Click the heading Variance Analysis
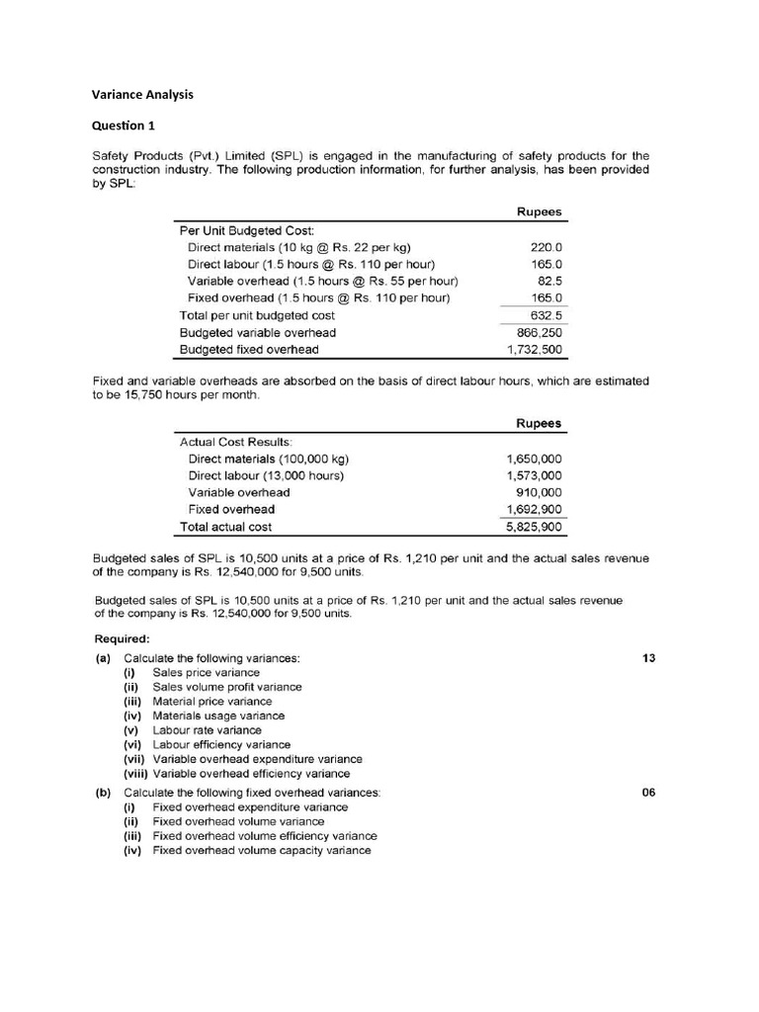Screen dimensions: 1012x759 tap(142, 95)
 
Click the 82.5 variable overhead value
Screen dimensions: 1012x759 tap(548, 281)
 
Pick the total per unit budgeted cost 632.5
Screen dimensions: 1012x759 tap(546, 315)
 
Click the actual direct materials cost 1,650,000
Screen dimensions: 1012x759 tap(535, 459)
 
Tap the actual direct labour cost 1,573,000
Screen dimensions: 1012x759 tap(535, 475)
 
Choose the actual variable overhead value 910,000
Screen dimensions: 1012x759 tap(540, 492)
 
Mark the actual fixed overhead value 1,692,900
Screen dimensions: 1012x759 tap(535, 509)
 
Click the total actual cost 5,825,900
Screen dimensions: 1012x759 tap(535, 527)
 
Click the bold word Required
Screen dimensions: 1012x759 tap(122, 638)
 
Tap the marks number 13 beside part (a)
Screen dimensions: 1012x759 tap(648, 658)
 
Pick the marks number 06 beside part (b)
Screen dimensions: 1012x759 tap(648, 793)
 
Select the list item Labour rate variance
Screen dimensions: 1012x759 tap(207, 730)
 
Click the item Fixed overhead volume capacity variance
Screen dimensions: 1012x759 tap(262, 850)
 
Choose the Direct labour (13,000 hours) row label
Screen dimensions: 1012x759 tap(265, 475)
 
